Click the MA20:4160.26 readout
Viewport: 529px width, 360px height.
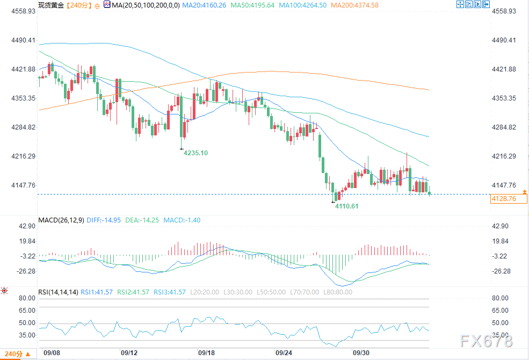click(x=204, y=5)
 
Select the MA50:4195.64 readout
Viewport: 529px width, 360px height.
click(x=252, y=5)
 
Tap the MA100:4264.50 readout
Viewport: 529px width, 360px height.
click(x=302, y=5)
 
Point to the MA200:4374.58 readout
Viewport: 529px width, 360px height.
click(x=354, y=5)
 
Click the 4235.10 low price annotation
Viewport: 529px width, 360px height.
click(x=195, y=153)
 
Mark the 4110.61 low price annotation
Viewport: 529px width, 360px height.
click(x=346, y=206)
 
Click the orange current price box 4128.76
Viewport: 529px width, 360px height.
click(x=509, y=199)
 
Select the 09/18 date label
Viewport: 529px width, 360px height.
click(x=206, y=353)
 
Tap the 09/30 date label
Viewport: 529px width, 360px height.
click(x=361, y=353)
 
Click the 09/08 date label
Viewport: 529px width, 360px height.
click(x=52, y=353)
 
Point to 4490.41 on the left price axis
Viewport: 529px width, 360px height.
click(x=23, y=40)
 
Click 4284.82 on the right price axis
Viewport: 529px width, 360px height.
click(x=504, y=127)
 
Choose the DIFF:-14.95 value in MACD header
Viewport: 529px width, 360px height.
click(x=104, y=220)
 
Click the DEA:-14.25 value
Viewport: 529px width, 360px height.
click(x=142, y=220)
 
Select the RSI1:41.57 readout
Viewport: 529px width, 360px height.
click(x=97, y=292)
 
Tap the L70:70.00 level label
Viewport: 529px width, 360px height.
click(x=305, y=292)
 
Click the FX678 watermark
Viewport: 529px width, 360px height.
click(x=487, y=341)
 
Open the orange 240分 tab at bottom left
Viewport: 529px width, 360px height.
click(x=18, y=354)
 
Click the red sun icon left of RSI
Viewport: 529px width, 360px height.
click(x=4, y=291)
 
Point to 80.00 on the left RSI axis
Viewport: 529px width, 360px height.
click(x=27, y=298)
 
